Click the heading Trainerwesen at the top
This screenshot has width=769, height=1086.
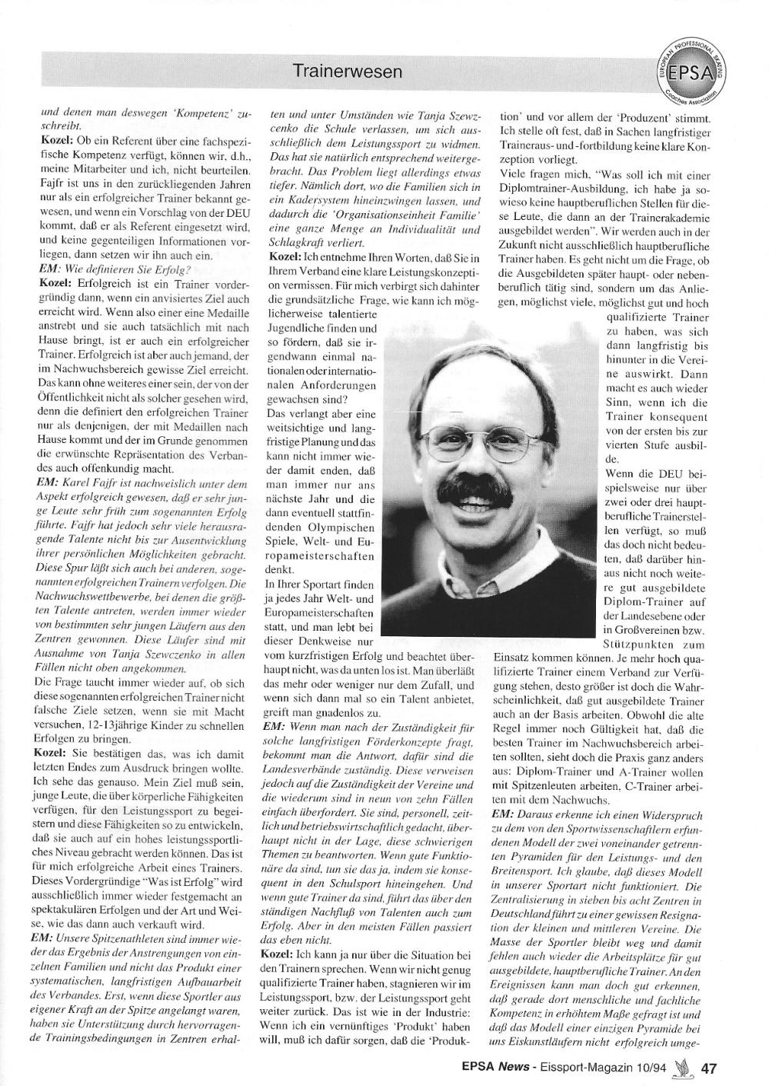[x=348, y=72]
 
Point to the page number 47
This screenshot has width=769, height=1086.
[x=709, y=1068]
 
